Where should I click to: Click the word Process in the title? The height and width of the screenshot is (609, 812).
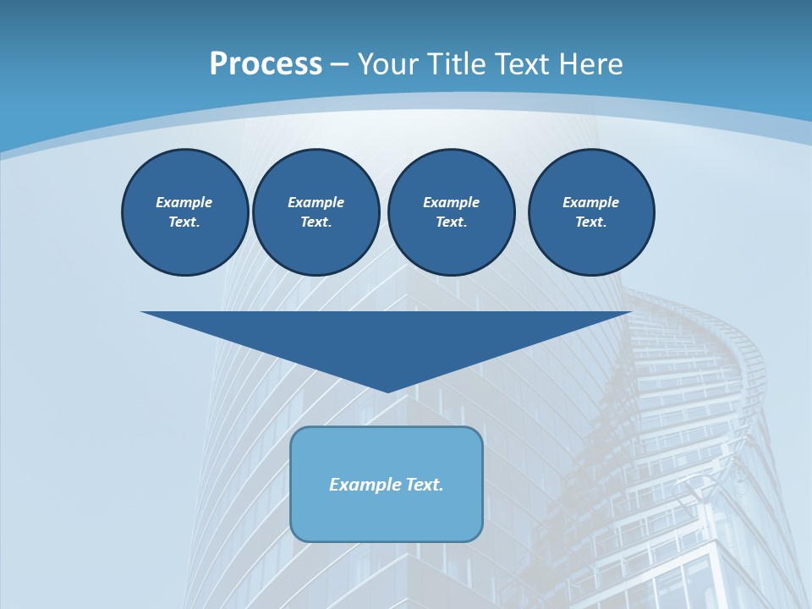coord(266,64)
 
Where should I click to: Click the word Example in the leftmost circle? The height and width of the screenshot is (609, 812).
coord(184,202)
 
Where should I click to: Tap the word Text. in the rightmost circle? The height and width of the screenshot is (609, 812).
coord(590,222)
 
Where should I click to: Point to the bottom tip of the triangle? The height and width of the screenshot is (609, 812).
coord(387,391)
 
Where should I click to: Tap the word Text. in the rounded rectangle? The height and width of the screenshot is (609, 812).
coord(425,485)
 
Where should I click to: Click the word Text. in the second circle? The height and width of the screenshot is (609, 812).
coord(316,222)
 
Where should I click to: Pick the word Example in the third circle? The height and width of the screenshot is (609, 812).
coord(451,202)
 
